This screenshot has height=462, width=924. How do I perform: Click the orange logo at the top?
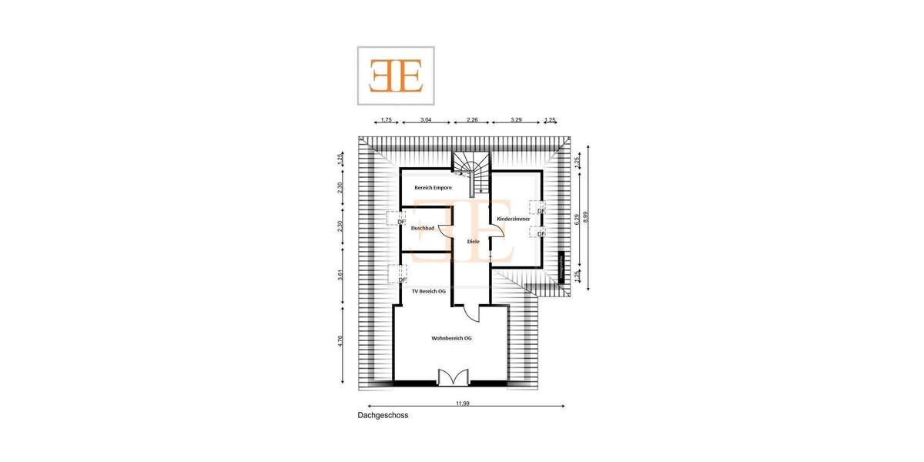click(396, 75)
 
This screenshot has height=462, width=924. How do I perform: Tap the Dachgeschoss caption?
click(383, 415)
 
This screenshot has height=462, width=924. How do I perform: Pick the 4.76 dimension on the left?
click(340, 342)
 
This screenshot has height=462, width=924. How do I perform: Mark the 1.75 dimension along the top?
click(386, 120)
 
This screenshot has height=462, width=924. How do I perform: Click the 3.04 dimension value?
click(425, 120)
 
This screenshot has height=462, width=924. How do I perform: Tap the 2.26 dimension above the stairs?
click(471, 120)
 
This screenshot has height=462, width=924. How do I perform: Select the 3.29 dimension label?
click(516, 120)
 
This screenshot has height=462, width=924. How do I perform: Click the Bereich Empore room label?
click(433, 187)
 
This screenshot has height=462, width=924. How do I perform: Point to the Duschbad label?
click(423, 228)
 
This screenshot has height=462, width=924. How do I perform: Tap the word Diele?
click(474, 242)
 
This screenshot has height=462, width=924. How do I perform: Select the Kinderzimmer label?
click(514, 219)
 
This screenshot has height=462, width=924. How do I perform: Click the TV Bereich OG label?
click(429, 291)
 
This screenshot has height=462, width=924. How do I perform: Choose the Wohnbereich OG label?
click(451, 338)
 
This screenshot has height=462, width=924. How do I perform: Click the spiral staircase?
click(470, 171)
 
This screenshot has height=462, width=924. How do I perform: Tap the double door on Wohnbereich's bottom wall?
click(452, 377)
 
